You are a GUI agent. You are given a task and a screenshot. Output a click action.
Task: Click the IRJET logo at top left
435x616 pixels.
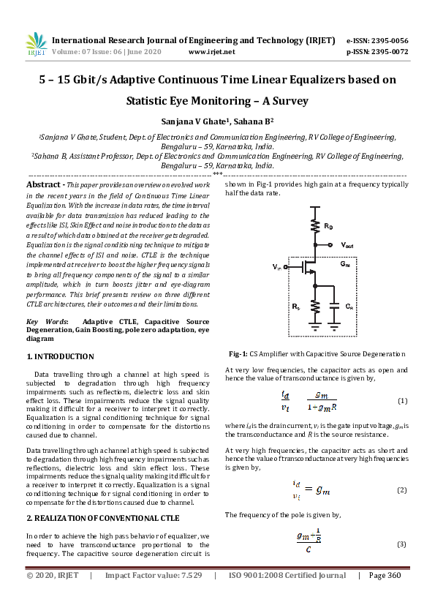(x=36, y=45)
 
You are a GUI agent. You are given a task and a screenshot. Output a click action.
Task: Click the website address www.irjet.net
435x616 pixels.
(x=211, y=52)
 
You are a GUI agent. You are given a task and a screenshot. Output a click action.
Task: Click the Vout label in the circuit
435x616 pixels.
(x=350, y=244)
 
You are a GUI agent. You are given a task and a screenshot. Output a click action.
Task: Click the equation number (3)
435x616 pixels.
(x=401, y=544)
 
